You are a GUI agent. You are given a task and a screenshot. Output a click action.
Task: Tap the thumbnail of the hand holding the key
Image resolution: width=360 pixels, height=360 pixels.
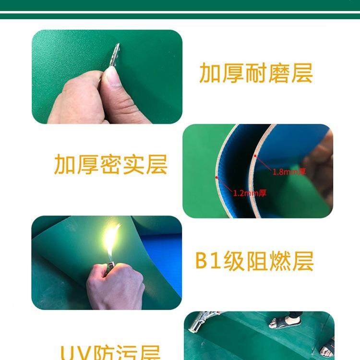point(107,77)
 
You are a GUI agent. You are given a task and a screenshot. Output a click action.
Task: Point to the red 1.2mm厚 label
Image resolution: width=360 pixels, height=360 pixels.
point(250,193)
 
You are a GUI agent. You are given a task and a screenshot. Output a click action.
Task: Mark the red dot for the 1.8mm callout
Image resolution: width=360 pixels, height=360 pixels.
point(255,156)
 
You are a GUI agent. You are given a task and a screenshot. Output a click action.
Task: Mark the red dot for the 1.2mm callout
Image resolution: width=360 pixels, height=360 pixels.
point(216,177)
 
